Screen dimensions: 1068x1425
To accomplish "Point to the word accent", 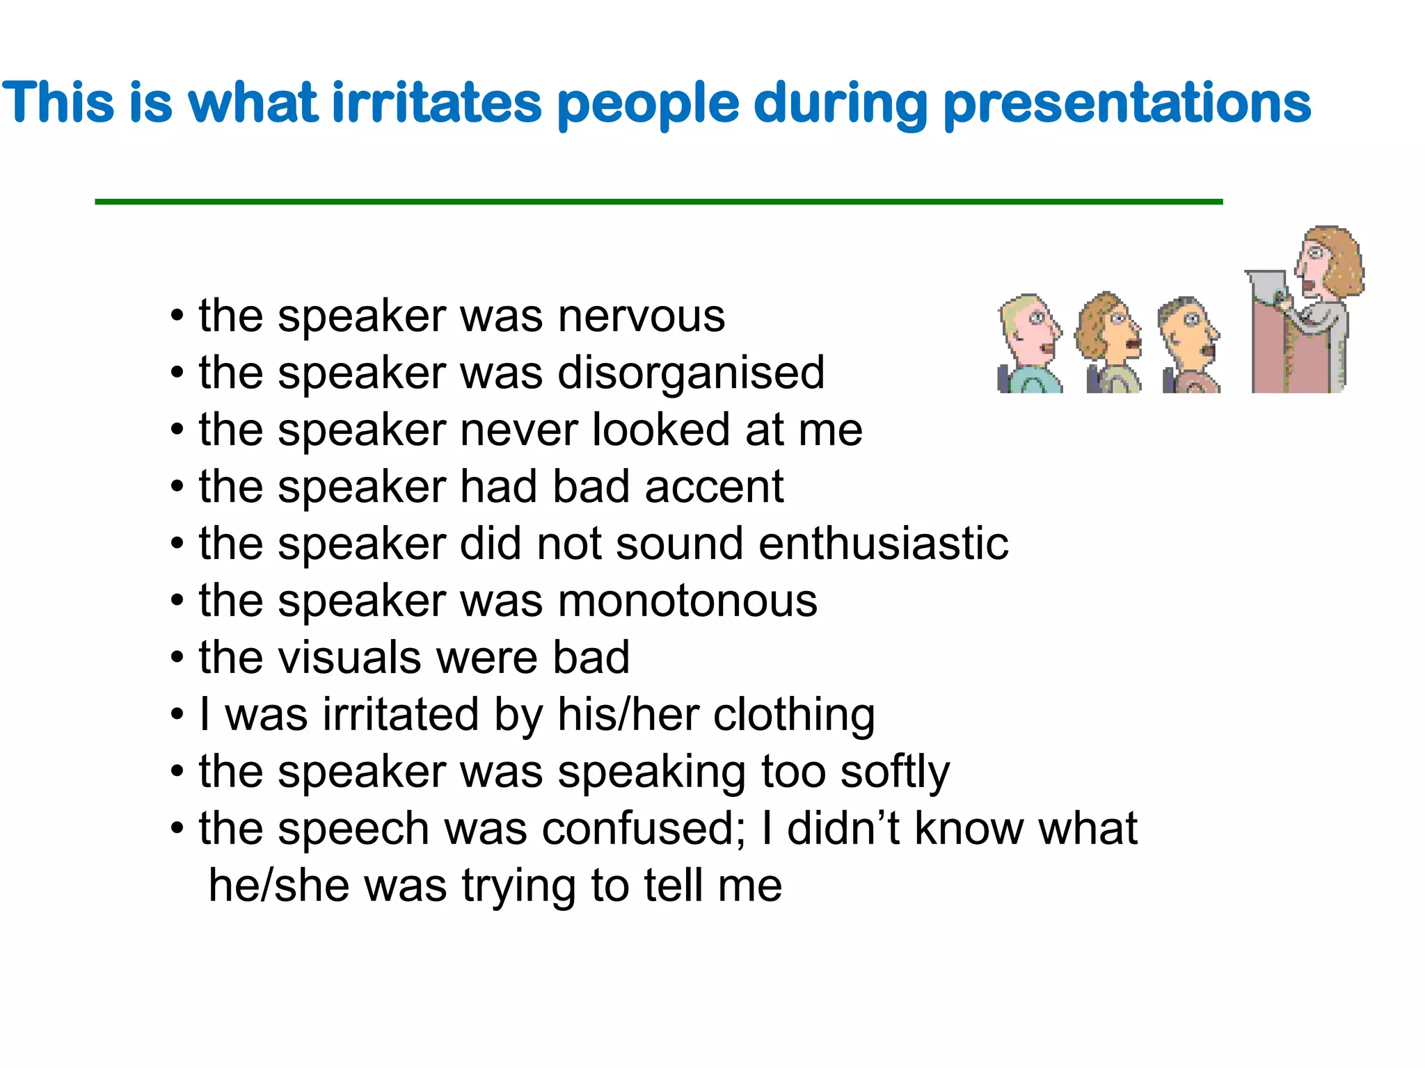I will click(x=714, y=487).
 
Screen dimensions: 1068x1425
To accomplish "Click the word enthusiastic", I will click(x=883, y=543).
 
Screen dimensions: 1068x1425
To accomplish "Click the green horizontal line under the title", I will click(x=658, y=202).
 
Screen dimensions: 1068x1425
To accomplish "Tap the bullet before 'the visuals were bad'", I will click(x=177, y=658).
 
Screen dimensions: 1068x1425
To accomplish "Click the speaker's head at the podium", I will click(x=1328, y=261).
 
